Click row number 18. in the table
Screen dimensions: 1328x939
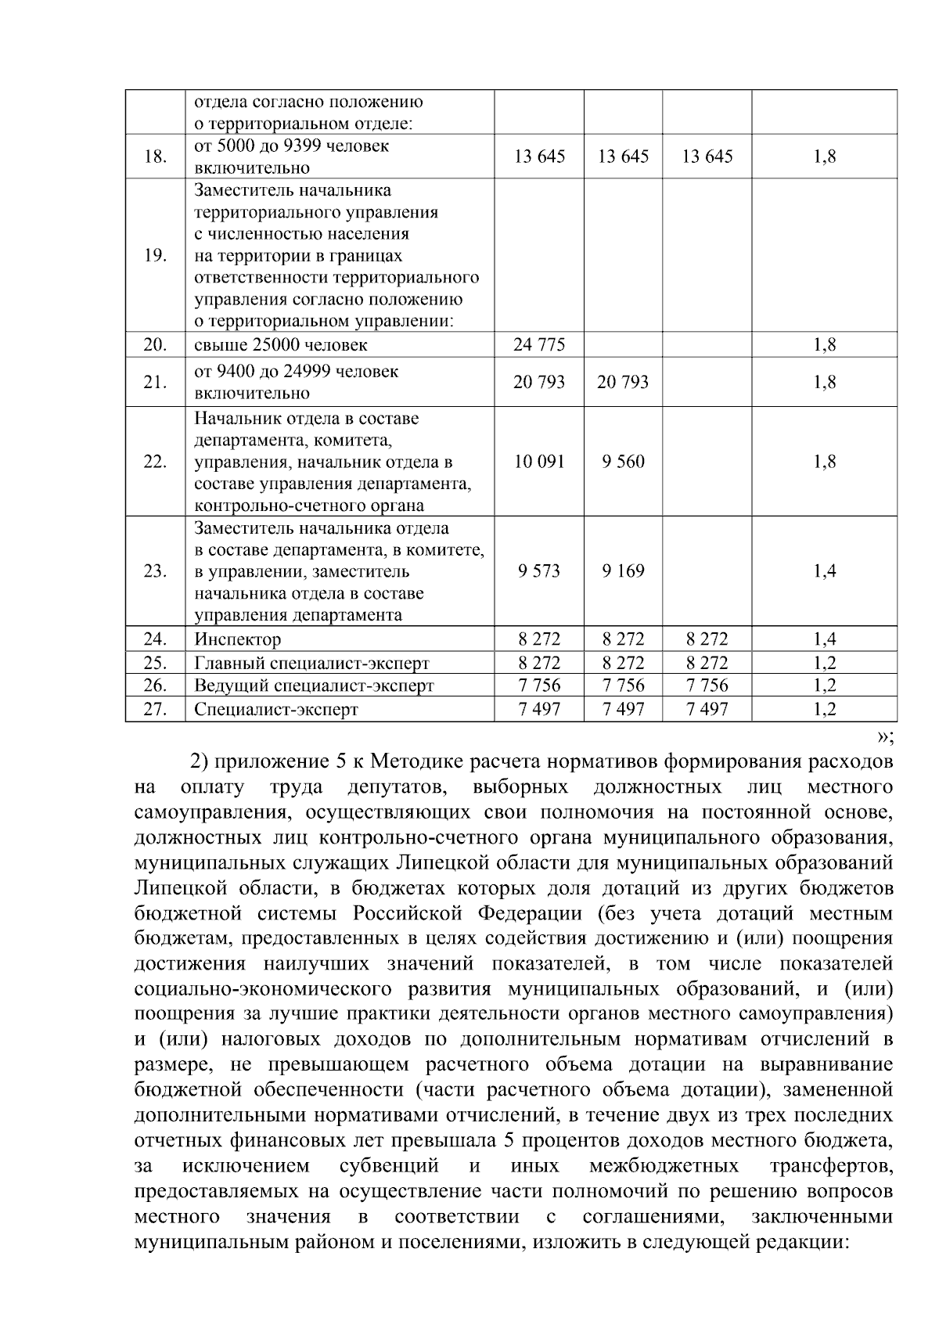point(156,157)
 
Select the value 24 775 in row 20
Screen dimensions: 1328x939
point(539,345)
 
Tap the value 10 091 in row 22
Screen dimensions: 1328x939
point(539,462)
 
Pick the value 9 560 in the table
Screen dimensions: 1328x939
point(624,462)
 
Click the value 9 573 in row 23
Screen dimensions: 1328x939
point(539,571)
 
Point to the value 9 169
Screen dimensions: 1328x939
point(624,571)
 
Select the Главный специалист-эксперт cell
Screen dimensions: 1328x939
point(311,664)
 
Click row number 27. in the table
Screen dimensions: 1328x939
point(156,710)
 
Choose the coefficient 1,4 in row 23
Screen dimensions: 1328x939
point(825,571)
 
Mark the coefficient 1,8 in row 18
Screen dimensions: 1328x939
point(825,157)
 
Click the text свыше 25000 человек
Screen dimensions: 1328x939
point(281,345)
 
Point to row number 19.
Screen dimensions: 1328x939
point(156,256)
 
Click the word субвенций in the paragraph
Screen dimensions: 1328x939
point(389,1167)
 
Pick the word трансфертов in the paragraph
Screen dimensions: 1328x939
point(831,1167)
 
